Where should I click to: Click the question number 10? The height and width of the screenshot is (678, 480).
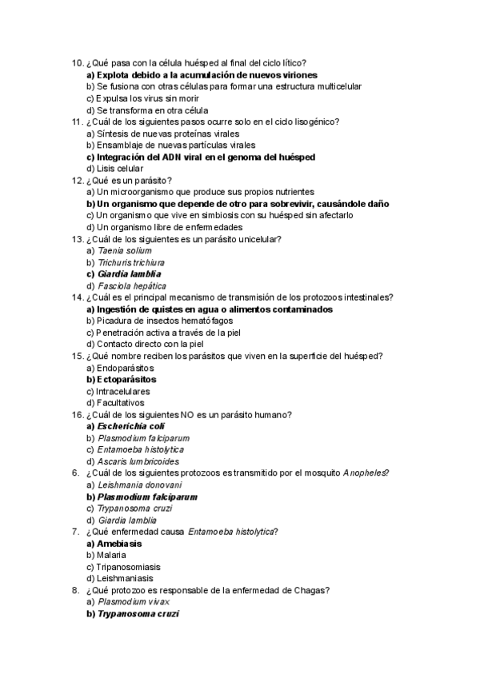click(77, 63)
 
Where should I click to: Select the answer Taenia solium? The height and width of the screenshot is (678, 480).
click(124, 250)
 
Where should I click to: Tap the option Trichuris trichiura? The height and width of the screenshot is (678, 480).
click(131, 262)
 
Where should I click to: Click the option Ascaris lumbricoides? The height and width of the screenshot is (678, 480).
click(138, 461)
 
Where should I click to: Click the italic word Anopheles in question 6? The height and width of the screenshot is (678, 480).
click(365, 473)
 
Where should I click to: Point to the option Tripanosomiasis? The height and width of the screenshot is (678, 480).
click(119, 567)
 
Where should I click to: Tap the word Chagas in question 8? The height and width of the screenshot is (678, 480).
click(312, 590)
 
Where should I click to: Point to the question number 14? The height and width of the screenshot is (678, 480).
click(77, 297)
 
